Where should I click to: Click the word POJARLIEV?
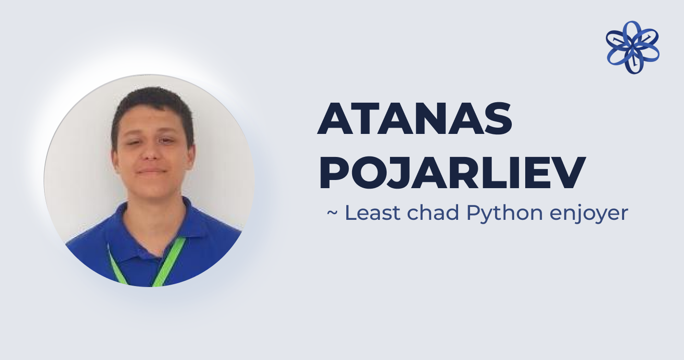pos(452,173)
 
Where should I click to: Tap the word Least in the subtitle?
pos(373,213)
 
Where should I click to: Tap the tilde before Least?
pos(332,213)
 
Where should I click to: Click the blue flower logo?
pos(633,48)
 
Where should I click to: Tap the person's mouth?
pos(152,171)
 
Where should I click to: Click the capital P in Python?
pos(473,213)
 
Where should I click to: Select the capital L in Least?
pos(351,213)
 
